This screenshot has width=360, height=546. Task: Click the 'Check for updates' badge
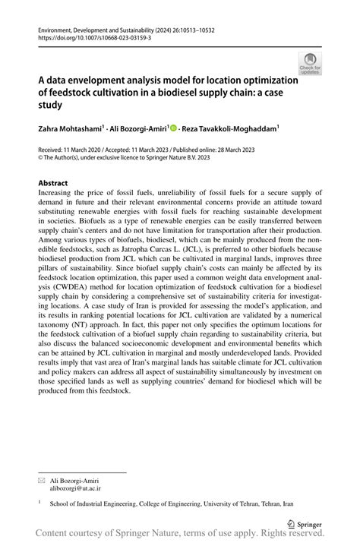tap(311, 64)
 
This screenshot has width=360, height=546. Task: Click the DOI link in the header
tap(88, 36)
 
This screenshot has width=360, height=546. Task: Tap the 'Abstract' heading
tap(52, 184)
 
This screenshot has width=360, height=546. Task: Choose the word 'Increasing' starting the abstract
tap(57, 194)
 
